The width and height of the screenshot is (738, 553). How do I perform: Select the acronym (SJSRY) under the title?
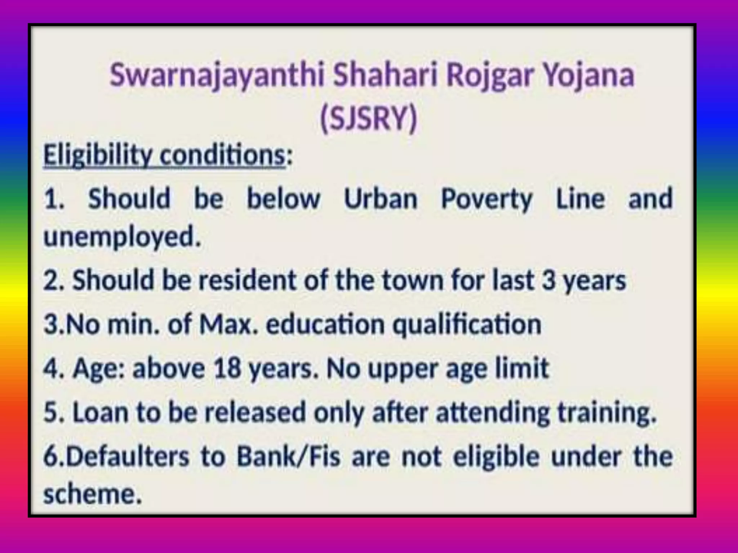pyautogui.click(x=368, y=118)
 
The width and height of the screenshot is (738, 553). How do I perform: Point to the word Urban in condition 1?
pyautogui.click(x=381, y=199)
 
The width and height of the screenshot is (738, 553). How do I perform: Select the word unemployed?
pyautogui.click(x=122, y=238)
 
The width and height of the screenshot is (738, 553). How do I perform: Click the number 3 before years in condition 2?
pyautogui.click(x=548, y=280)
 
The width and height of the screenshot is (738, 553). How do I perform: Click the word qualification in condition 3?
pyautogui.click(x=467, y=325)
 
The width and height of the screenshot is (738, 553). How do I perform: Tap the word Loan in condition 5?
pyautogui.click(x=101, y=412)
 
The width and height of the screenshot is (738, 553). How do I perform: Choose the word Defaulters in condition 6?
pyautogui.click(x=127, y=457)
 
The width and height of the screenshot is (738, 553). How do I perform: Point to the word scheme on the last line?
pyautogui.click(x=92, y=494)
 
